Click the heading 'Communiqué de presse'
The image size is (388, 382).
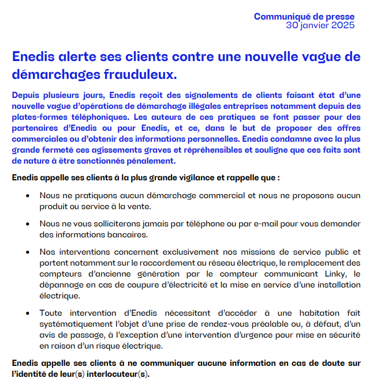[304, 17]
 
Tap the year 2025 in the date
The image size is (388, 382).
[343, 25]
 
